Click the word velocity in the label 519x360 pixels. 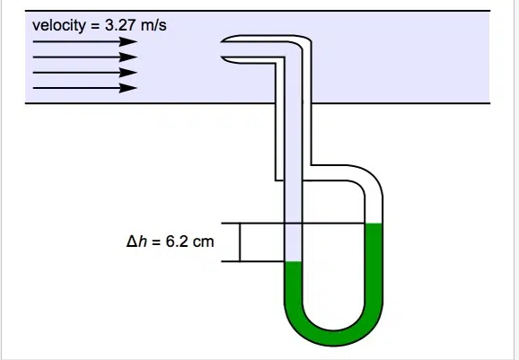click(59, 25)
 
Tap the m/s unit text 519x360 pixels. click(154, 25)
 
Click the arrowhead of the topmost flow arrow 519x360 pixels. click(128, 41)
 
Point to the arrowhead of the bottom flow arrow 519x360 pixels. click(128, 88)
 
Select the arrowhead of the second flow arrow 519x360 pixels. click(128, 57)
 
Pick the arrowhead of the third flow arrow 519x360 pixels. click(128, 73)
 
